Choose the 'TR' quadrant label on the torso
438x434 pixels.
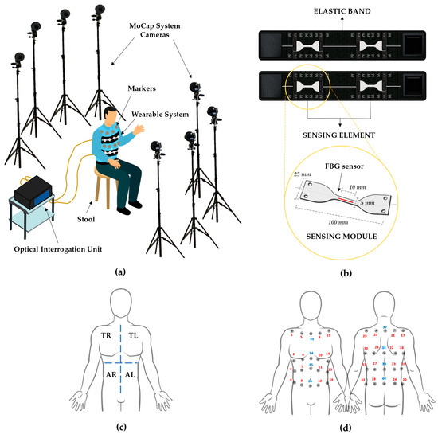pyautogui.click(x=105, y=338)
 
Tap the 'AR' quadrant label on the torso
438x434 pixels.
pyautogui.click(x=105, y=372)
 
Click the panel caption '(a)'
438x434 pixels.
pyautogui.click(x=120, y=272)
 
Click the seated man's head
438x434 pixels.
pyautogui.click(x=112, y=108)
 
